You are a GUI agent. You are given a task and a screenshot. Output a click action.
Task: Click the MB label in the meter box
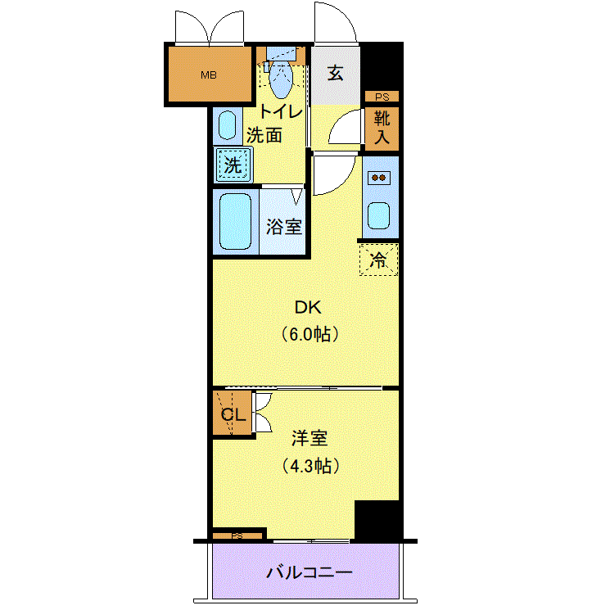click(x=209, y=75)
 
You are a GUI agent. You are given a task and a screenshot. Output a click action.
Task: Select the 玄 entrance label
click(x=336, y=73)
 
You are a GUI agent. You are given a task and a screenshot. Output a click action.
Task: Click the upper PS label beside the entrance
click(x=382, y=97)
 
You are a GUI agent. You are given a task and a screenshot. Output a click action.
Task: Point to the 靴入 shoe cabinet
click(x=382, y=128)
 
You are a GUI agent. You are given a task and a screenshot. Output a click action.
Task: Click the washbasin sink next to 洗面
click(x=227, y=125)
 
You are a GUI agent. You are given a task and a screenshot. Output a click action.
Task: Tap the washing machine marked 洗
click(x=233, y=165)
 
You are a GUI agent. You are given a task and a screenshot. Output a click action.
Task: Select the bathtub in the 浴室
click(x=235, y=221)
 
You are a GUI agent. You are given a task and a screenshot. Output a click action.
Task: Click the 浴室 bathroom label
click(x=284, y=227)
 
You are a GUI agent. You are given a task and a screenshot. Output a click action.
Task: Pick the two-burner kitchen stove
click(x=379, y=178)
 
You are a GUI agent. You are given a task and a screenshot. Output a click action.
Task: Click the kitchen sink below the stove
click(x=379, y=215)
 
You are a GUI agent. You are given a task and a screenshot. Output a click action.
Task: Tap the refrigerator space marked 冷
click(x=378, y=260)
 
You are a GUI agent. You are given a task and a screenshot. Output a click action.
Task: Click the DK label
click(x=308, y=308)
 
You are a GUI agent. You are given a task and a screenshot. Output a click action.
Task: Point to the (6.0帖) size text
click(x=310, y=334)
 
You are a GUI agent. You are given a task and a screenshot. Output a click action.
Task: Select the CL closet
click(x=233, y=413)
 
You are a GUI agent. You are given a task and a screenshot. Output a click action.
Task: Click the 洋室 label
click(x=310, y=438)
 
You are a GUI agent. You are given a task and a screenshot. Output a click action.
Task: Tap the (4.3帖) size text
click(x=310, y=465)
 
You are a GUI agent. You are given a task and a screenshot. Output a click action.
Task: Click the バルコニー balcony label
click(x=310, y=572)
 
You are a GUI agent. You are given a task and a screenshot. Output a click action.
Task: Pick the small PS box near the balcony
click(x=237, y=536)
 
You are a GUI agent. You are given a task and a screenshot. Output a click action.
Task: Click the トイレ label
click(x=281, y=111)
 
